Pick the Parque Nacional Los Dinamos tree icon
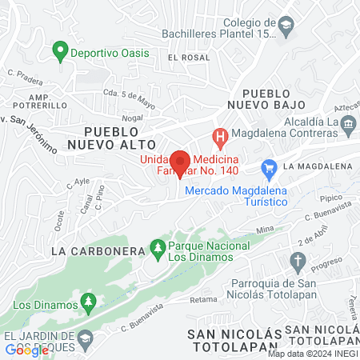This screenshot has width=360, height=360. click(x=158, y=250)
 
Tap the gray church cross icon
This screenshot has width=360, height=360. click(x=298, y=261)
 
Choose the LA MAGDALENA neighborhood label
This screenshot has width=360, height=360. click(x=318, y=166)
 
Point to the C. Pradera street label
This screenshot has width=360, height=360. click(x=25, y=77)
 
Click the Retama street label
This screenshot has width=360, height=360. click(x=204, y=300)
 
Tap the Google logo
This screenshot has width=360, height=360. click(x=26, y=350)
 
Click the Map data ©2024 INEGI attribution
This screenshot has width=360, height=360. click(x=313, y=354)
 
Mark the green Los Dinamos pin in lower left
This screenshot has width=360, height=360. click(x=90, y=304)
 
